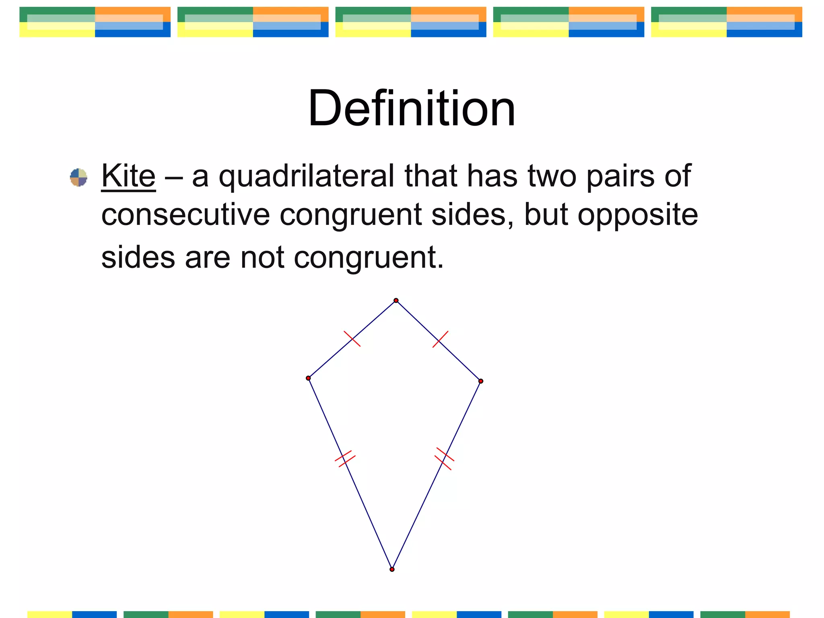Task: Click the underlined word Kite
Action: (128, 176)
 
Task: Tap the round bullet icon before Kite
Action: (78, 177)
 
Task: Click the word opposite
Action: (638, 216)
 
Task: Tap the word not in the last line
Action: (262, 257)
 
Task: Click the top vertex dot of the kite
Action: (396, 301)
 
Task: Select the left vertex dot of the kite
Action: (308, 378)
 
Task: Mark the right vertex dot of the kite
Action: (481, 381)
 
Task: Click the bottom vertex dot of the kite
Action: (392, 569)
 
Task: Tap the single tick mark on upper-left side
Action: (352, 339)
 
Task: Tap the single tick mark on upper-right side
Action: (440, 339)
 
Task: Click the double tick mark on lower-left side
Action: (345, 459)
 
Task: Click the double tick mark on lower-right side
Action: (444, 459)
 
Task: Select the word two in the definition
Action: (552, 176)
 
